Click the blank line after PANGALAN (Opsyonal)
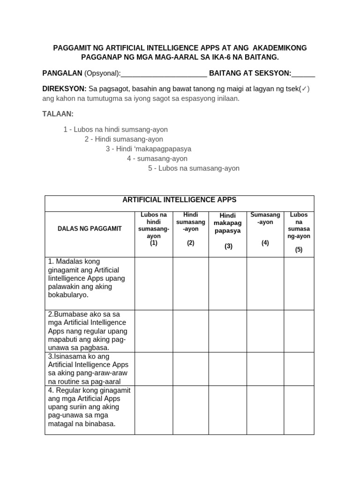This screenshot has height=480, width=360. click(164, 74)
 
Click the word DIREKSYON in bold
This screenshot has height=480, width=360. click(64, 89)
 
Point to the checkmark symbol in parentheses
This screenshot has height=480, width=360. click(305, 89)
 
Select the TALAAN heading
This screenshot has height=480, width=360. click(58, 114)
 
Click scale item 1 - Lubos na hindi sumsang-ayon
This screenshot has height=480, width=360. click(115, 129)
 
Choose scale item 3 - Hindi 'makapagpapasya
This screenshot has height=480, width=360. click(148, 149)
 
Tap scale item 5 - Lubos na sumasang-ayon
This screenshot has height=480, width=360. click(194, 168)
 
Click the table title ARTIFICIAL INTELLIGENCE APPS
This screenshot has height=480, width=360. click(180, 200)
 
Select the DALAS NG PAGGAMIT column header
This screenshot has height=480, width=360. click(90, 228)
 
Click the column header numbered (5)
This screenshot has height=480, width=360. click(299, 232)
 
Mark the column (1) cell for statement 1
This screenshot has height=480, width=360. click(154, 284)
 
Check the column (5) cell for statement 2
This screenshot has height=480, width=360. click(299, 331)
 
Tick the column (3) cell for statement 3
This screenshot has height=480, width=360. click(227, 369)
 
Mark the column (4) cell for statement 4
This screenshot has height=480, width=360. click(265, 410)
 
